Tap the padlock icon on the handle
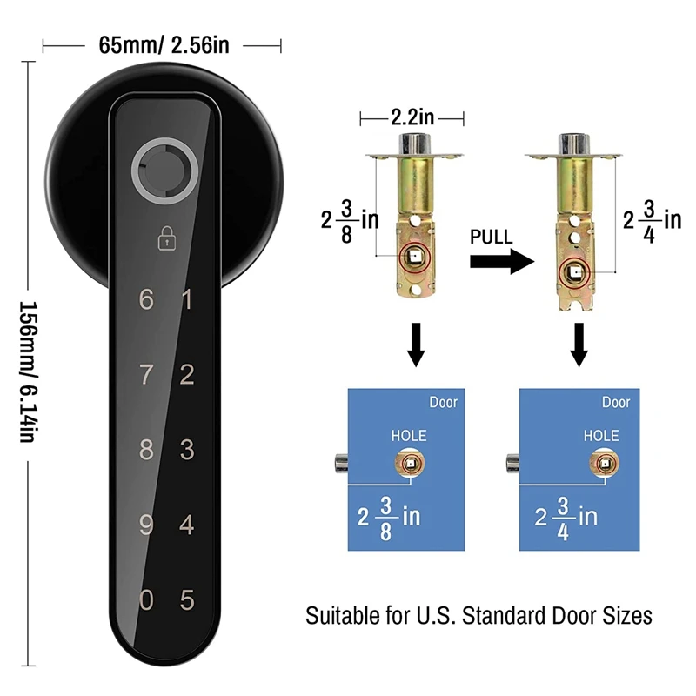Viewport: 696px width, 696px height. (x=165, y=239)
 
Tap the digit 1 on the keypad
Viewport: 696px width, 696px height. (x=186, y=301)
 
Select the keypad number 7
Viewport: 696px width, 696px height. (x=146, y=376)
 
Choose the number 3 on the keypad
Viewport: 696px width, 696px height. (x=186, y=451)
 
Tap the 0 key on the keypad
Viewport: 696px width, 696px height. (x=146, y=600)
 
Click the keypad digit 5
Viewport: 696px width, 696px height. (x=186, y=600)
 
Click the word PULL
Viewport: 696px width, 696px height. (x=492, y=238)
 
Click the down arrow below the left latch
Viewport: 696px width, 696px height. (x=416, y=344)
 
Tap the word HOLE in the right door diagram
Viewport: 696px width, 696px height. (x=601, y=435)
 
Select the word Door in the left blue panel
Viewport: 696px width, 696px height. (x=443, y=403)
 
